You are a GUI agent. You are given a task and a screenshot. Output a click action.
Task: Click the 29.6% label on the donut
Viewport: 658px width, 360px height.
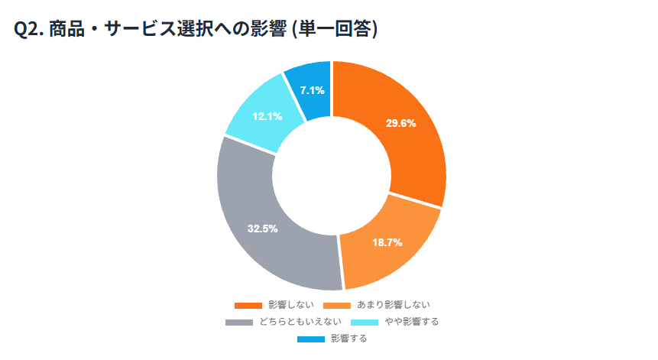(x=400, y=124)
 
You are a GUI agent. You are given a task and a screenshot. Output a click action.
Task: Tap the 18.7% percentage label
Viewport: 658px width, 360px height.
(x=387, y=242)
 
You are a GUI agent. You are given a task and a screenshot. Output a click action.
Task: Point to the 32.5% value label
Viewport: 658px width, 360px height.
(x=262, y=229)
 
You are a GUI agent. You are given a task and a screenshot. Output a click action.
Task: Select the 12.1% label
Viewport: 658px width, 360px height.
(x=267, y=116)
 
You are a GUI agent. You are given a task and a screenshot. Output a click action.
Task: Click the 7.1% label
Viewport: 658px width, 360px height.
(x=312, y=90)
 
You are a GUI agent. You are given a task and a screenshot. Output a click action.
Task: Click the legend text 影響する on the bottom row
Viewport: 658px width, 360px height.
(x=349, y=339)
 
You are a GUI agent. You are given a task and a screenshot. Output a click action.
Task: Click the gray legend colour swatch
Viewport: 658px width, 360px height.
(x=239, y=322)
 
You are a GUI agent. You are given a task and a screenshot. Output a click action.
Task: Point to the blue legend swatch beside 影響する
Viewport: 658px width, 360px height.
(x=308, y=339)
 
